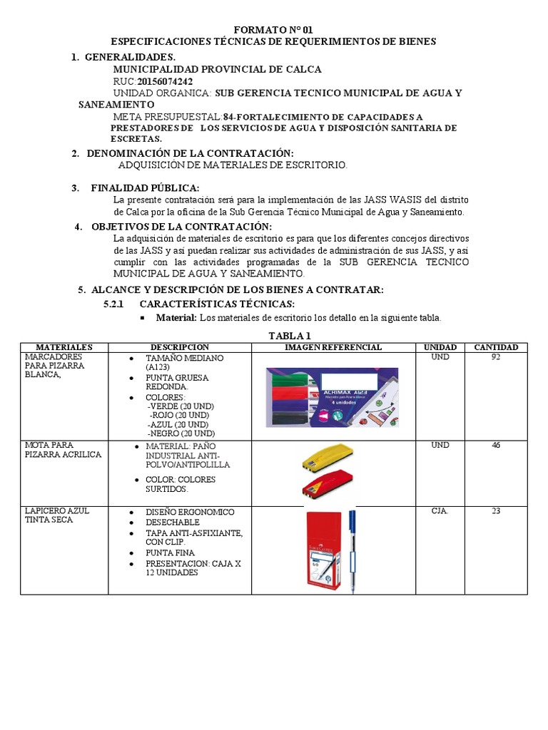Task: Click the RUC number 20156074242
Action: pyautogui.click(x=165, y=81)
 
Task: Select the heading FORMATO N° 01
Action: pyautogui.click(x=273, y=30)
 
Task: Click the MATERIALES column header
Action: pyautogui.click(x=64, y=347)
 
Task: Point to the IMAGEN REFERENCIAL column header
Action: pyautogui.click(x=333, y=347)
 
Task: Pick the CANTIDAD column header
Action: pyautogui.click(x=496, y=347)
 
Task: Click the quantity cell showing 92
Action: pyautogui.click(x=496, y=356)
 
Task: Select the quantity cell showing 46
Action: pyautogui.click(x=496, y=446)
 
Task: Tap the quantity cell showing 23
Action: pyautogui.click(x=496, y=511)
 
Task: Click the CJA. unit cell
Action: pyautogui.click(x=440, y=511)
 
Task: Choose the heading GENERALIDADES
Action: pyautogui.click(x=130, y=56)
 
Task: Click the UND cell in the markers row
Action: pyautogui.click(x=440, y=356)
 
